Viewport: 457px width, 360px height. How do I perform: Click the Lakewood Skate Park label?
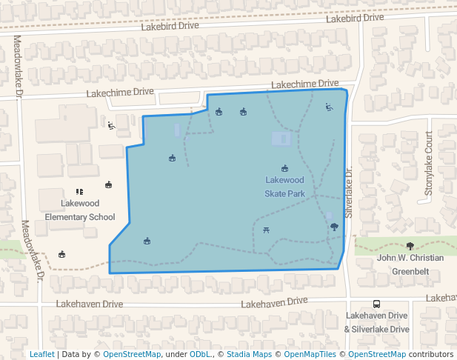[285, 187]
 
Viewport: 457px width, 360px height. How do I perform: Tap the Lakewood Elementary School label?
[80, 210]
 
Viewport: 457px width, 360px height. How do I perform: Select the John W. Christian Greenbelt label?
[410, 264]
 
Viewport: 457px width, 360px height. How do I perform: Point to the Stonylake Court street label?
[428, 164]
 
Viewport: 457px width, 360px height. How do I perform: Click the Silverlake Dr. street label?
[348, 192]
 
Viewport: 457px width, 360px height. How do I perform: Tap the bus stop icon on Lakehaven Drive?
[377, 304]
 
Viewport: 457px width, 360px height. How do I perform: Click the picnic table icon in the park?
[267, 230]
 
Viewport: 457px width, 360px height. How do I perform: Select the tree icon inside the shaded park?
[334, 227]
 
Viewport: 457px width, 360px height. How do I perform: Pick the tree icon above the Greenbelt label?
[410, 246]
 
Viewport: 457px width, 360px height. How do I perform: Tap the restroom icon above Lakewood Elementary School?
[80, 192]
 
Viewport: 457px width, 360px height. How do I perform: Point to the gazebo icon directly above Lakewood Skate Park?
[284, 169]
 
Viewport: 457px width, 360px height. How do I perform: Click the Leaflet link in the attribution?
[41, 354]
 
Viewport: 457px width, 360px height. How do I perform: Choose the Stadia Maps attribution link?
[249, 354]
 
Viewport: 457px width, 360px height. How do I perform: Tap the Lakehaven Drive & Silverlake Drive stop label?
[376, 322]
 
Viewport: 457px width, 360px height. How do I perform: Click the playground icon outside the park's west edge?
[111, 125]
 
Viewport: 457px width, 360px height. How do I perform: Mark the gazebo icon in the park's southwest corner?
[147, 241]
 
